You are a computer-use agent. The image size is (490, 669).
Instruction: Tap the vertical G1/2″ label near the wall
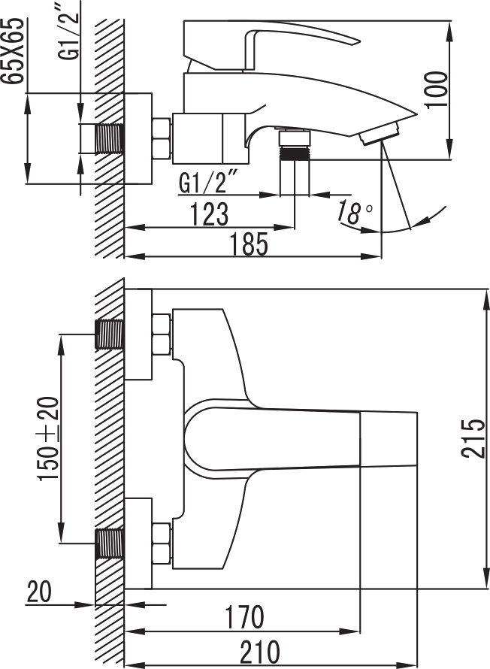click(68, 35)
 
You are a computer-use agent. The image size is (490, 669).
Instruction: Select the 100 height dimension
click(437, 90)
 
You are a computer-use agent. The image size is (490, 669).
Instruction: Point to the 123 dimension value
click(210, 213)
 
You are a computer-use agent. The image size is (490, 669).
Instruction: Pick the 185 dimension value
click(250, 244)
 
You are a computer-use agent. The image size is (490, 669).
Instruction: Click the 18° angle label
click(355, 212)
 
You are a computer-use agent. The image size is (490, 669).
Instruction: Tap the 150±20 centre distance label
click(48, 438)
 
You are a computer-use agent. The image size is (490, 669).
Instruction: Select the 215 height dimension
click(473, 439)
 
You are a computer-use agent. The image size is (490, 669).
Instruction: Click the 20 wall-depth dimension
click(39, 592)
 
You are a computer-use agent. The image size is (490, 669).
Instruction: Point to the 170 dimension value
click(244, 617)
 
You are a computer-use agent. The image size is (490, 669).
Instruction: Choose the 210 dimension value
click(260, 652)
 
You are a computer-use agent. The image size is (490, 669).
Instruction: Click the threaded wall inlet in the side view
click(110, 138)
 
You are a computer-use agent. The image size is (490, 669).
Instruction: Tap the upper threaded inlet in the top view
click(110, 334)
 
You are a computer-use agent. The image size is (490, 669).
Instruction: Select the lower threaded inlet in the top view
click(110, 543)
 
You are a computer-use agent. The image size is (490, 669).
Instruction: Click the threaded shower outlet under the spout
click(295, 153)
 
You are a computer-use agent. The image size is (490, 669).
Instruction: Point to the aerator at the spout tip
click(380, 133)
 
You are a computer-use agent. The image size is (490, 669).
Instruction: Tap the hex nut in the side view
click(161, 138)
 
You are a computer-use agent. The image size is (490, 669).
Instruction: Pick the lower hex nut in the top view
click(161, 543)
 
